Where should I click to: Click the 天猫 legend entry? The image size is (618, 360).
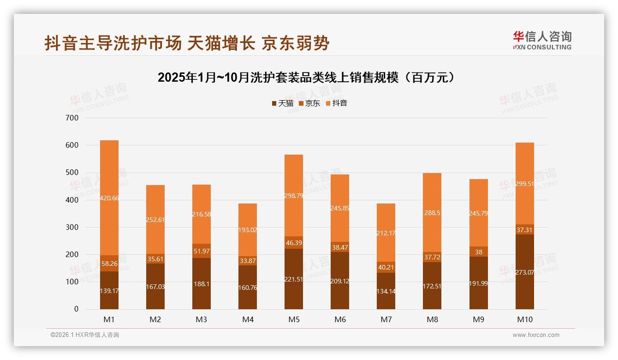click(x=282, y=103)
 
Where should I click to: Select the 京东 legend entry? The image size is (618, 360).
click(x=309, y=103)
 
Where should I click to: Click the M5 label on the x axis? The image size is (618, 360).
click(x=294, y=319)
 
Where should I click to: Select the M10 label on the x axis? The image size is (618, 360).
click(x=524, y=319)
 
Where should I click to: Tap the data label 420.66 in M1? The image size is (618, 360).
click(x=109, y=198)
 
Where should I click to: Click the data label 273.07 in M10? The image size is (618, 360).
click(x=524, y=272)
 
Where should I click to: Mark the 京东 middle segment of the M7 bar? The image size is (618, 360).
click(x=386, y=267)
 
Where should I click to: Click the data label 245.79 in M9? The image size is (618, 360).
click(x=478, y=213)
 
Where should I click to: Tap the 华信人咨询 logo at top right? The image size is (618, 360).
click(x=542, y=40)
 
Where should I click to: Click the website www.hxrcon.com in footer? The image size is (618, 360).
click(x=536, y=335)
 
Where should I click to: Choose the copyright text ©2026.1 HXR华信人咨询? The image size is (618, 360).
click(x=84, y=335)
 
